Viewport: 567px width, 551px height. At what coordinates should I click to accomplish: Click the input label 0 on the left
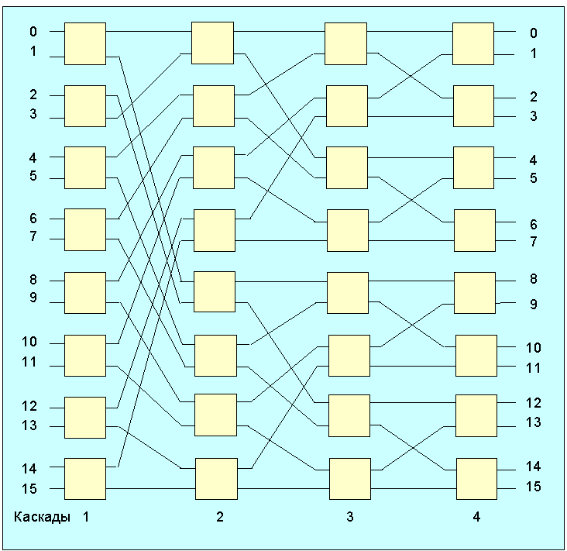[33, 33]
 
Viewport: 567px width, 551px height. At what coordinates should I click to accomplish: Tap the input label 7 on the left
[33, 237]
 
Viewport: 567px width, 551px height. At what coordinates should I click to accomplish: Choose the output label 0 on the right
[533, 33]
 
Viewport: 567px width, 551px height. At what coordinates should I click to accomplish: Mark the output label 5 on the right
[533, 178]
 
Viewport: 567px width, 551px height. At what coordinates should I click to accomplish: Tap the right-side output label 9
[533, 305]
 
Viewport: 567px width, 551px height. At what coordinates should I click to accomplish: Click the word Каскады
[43, 516]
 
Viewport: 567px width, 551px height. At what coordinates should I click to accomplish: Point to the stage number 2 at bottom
[219, 517]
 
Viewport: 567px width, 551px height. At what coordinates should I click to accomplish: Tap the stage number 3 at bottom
[349, 517]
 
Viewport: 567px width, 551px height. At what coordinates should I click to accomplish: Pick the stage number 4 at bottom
[476, 517]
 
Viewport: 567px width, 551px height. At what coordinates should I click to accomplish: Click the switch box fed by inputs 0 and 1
[84, 43]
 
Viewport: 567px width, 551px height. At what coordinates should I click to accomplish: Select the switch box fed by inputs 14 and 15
[84, 479]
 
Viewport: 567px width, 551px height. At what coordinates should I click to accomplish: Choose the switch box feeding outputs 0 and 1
[472, 43]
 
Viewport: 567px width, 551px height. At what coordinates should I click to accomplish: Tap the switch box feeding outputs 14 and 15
[476, 479]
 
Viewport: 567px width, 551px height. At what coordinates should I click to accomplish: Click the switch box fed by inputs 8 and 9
[84, 292]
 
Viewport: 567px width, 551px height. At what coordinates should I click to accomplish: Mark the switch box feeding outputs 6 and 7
[474, 230]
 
